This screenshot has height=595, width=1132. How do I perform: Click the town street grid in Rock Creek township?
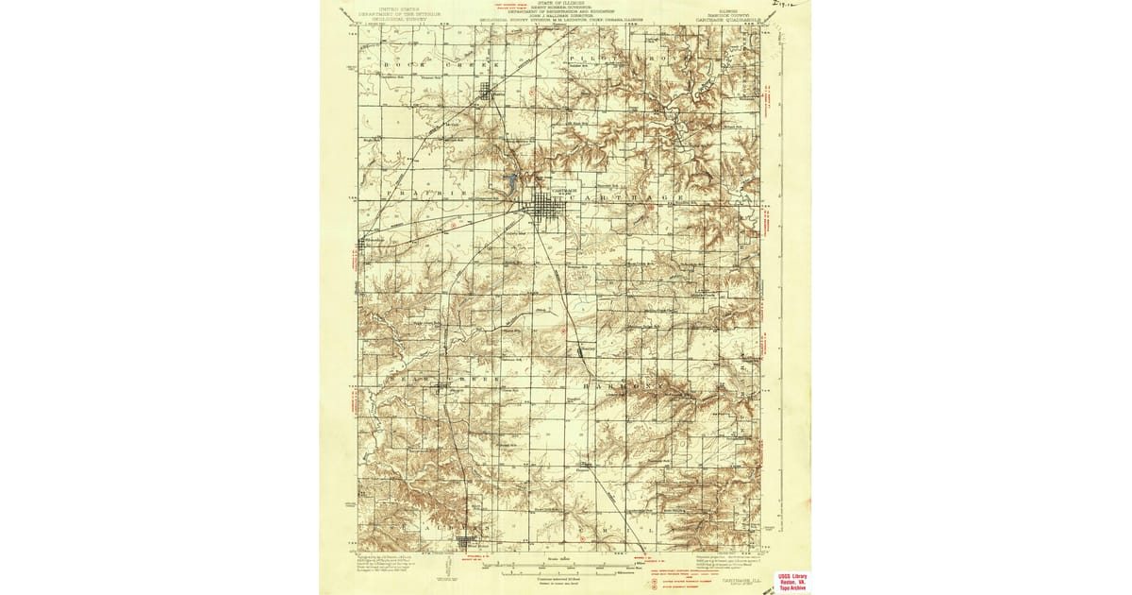[488, 93]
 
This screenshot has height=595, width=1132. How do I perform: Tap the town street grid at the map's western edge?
[363, 244]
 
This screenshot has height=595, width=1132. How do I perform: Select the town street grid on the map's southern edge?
[467, 542]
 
